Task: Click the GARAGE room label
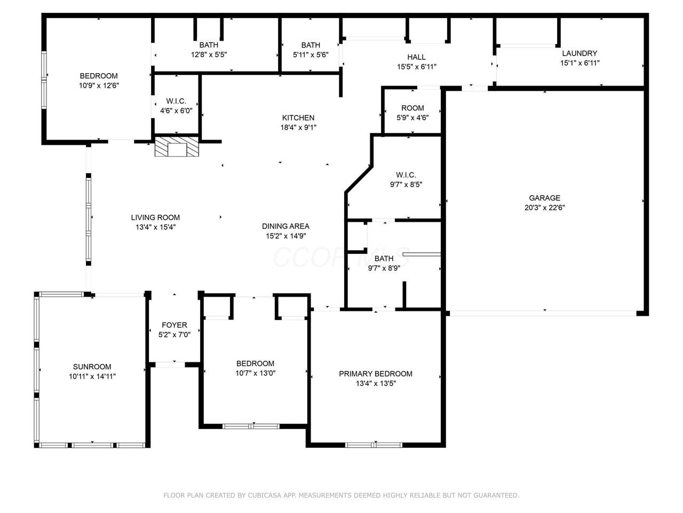[x=544, y=198]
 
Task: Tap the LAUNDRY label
[x=579, y=53]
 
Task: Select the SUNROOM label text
[x=92, y=367]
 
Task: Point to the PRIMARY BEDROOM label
[x=376, y=374]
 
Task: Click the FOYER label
[x=174, y=325]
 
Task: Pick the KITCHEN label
[x=298, y=118]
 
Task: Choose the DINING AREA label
[x=285, y=226]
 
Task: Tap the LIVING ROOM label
[x=155, y=217]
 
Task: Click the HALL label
[x=416, y=57]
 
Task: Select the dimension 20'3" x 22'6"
[x=545, y=207]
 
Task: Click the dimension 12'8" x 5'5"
[x=209, y=55]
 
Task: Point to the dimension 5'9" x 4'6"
[x=412, y=118]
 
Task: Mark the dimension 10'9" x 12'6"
[x=99, y=85]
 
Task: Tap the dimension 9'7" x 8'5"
[x=406, y=184]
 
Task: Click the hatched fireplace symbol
[x=177, y=146]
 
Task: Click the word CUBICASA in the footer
[x=261, y=495]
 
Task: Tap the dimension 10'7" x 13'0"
[x=256, y=373]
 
